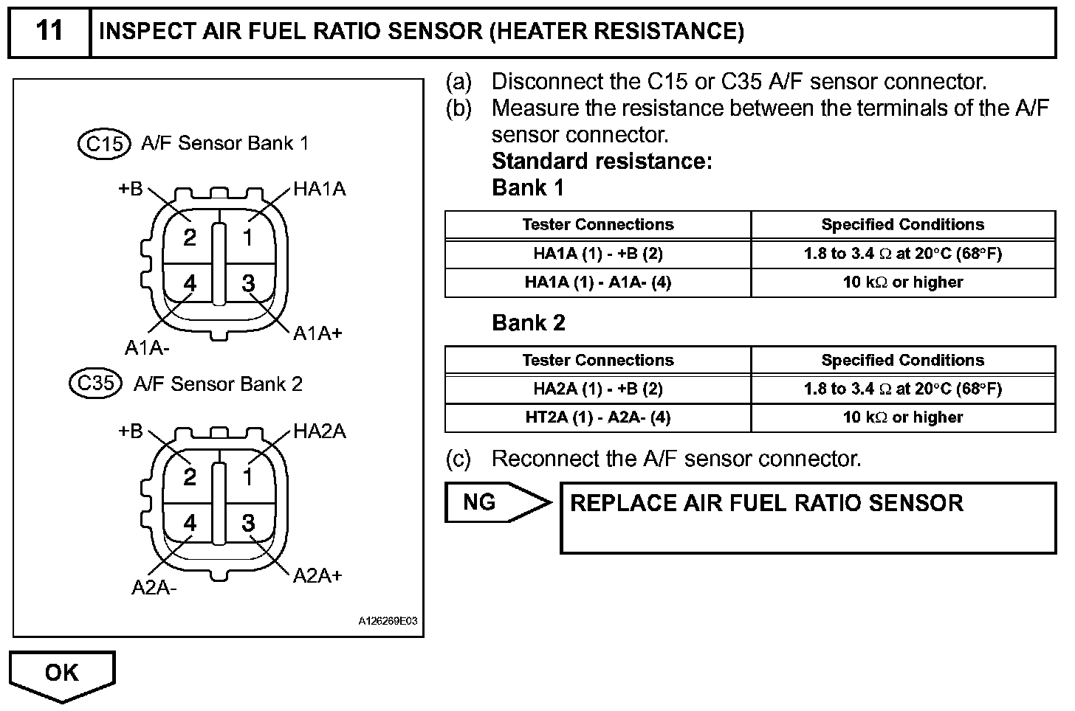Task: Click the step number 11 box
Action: click(x=49, y=32)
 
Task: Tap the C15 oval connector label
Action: click(x=104, y=143)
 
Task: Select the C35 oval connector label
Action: click(x=95, y=384)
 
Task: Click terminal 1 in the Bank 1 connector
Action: click(x=248, y=237)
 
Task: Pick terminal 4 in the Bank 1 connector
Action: click(x=190, y=283)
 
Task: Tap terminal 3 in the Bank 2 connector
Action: click(x=248, y=523)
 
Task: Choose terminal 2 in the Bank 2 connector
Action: click(x=190, y=478)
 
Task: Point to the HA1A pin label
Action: click(x=319, y=190)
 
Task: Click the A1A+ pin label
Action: click(x=317, y=333)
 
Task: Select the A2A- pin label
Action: click(x=154, y=588)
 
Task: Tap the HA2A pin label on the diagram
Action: click(x=319, y=431)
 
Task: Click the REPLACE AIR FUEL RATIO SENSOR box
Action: click(x=808, y=518)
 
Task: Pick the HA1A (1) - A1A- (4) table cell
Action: click(x=597, y=282)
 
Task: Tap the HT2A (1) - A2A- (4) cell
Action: click(x=597, y=417)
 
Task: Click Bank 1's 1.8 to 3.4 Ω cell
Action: click(x=902, y=254)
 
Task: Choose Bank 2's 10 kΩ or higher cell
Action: click(x=902, y=417)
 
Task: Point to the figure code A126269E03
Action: click(x=388, y=621)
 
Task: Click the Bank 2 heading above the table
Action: click(x=529, y=323)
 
